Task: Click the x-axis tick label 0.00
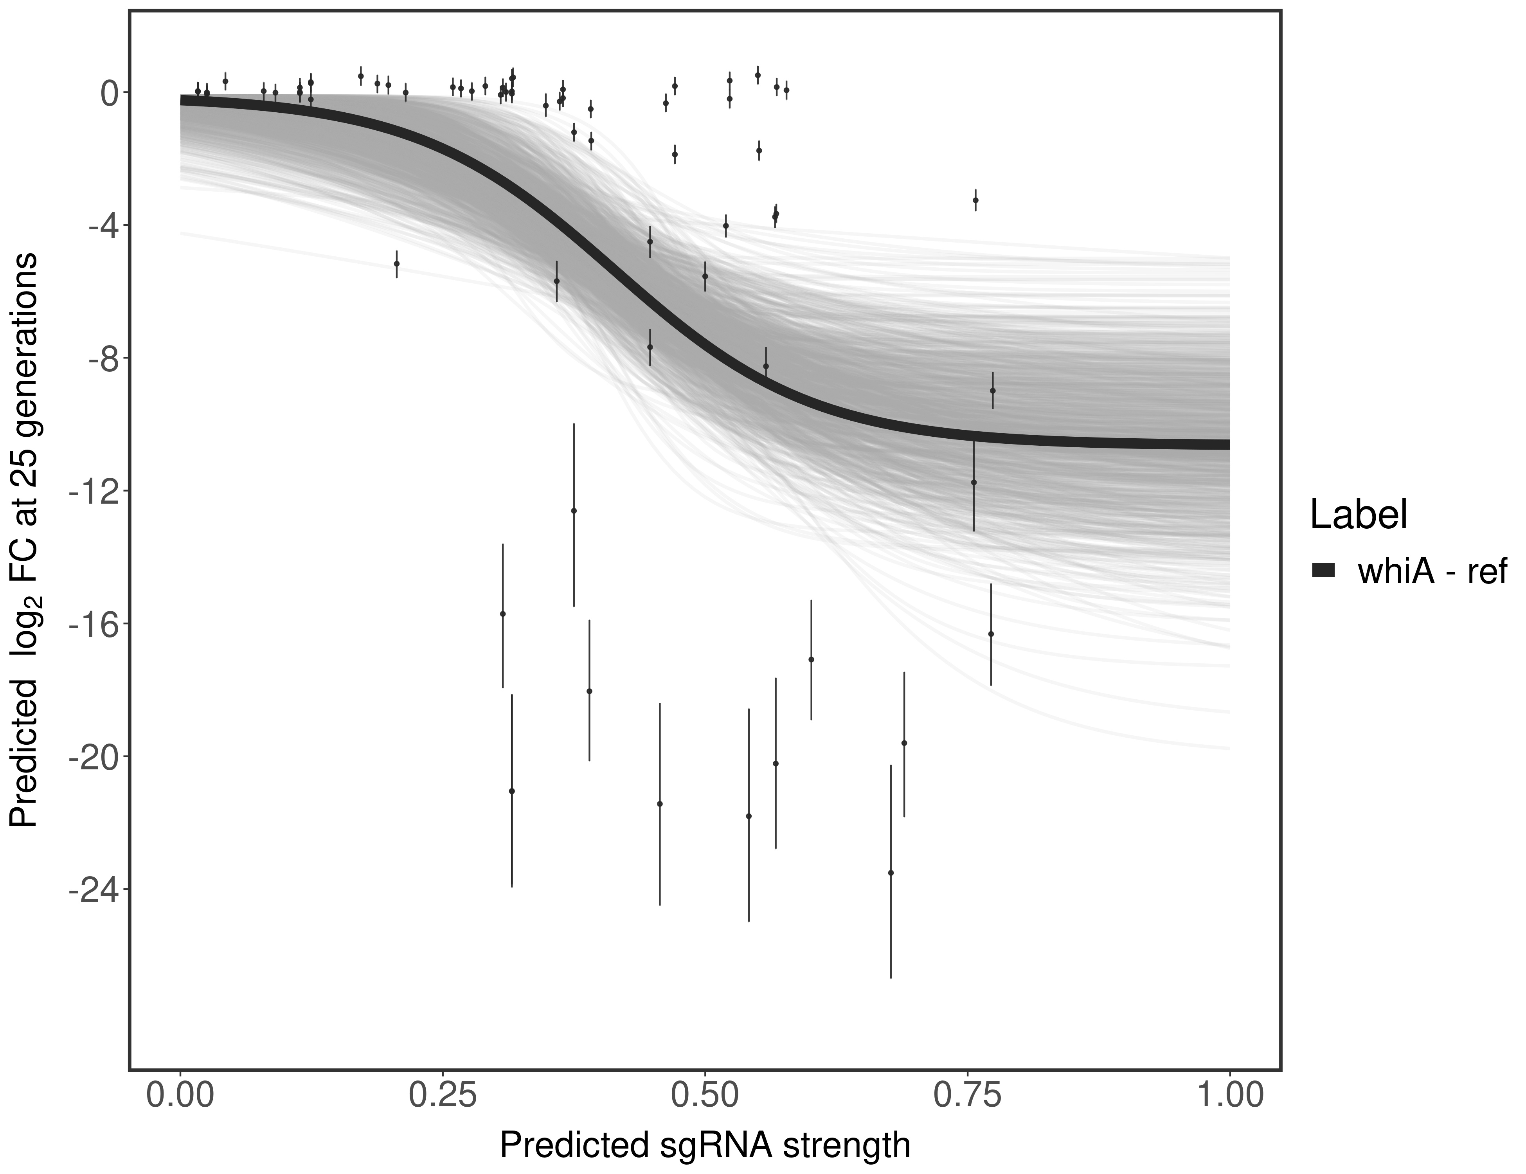click(180, 1096)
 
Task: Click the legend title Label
click(1358, 515)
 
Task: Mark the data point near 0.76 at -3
click(975, 200)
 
